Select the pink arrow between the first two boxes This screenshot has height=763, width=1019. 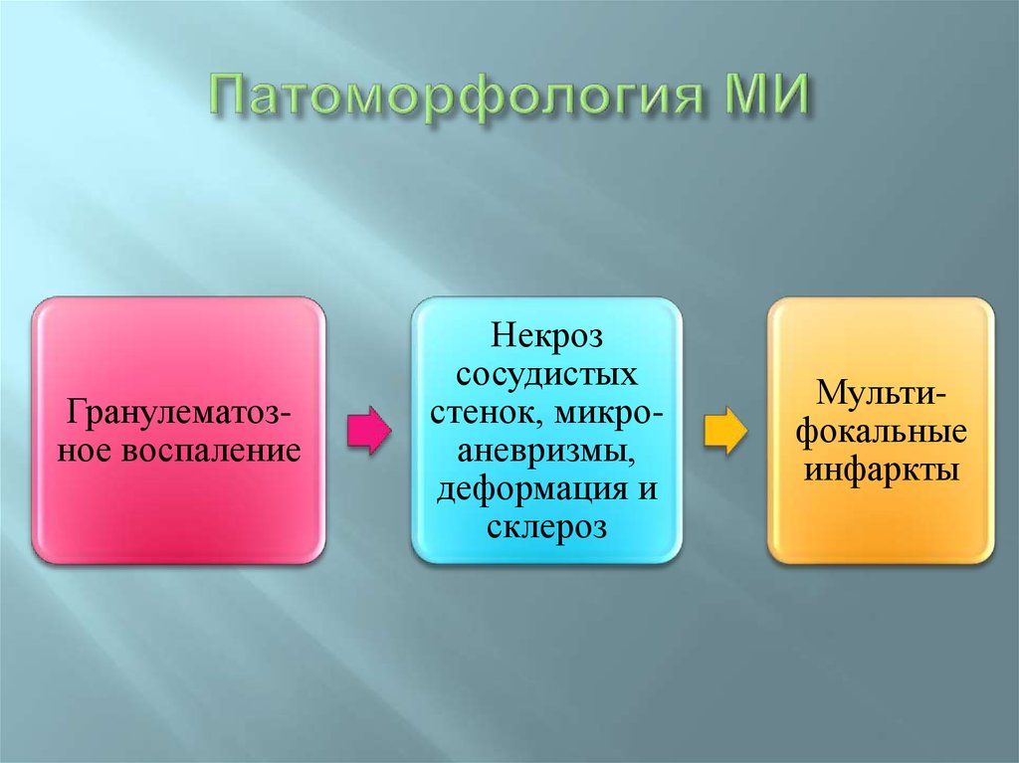coord(369,431)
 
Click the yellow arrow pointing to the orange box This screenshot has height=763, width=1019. coord(725,431)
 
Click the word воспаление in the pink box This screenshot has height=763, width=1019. coord(210,450)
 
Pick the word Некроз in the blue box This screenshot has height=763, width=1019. coord(546,339)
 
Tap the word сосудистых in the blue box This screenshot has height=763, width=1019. coord(546,376)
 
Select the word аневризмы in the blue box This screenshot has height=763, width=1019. coord(546,451)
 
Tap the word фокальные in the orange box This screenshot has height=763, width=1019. coord(882,432)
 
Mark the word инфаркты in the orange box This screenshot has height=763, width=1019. coord(882,469)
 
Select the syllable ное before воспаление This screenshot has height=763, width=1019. coord(88,450)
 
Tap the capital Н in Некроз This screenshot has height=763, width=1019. coord(499,339)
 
